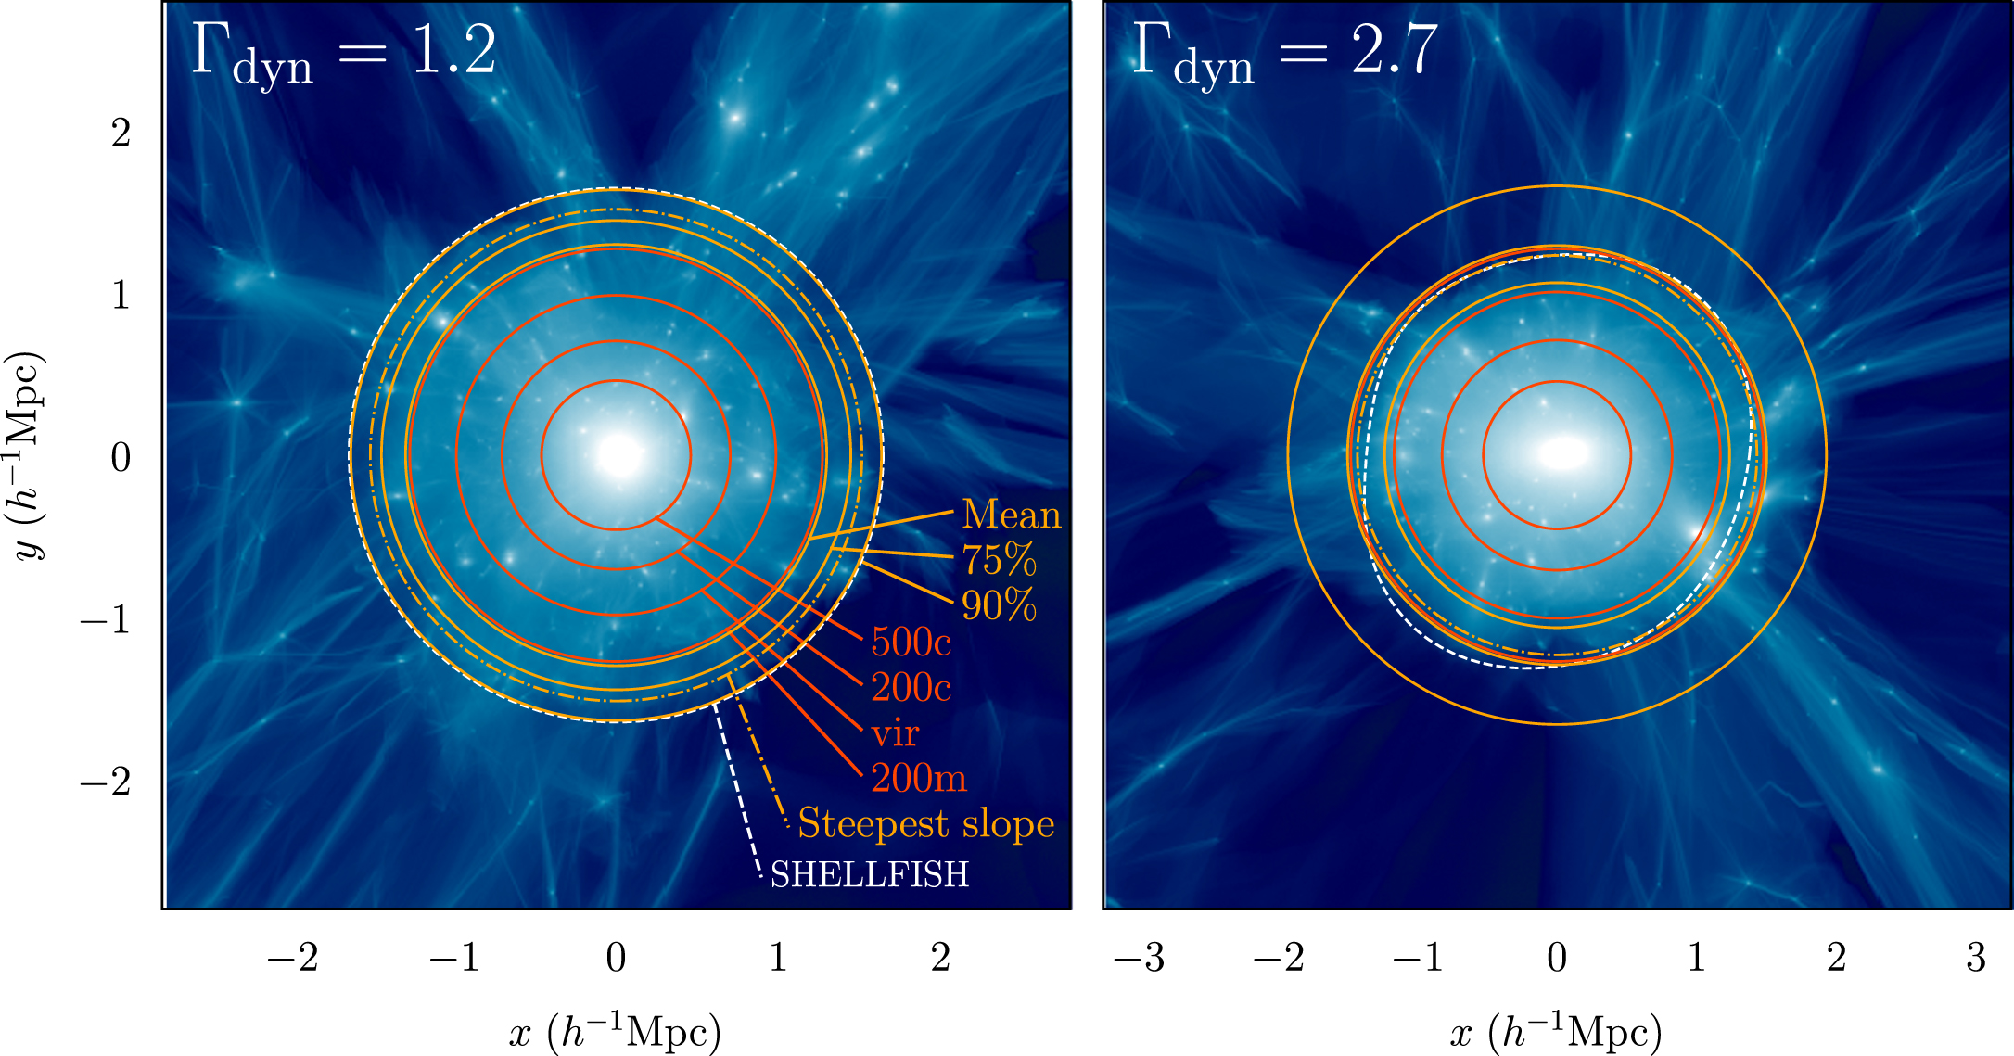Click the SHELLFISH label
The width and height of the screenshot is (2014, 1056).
tap(869, 874)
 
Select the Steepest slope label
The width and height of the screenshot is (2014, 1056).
tap(925, 823)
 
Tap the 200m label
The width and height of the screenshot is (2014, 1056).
tap(918, 778)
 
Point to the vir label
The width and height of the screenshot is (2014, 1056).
tap(895, 733)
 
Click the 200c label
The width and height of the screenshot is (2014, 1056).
tap(911, 687)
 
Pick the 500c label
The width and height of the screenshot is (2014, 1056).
tap(911, 642)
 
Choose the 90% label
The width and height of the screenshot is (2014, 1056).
tap(998, 604)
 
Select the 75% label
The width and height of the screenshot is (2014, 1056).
tap(998, 559)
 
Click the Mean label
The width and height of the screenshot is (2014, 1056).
tap(1011, 515)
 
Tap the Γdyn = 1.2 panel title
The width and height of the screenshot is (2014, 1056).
tap(344, 53)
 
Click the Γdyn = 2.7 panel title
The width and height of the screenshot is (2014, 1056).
tap(1285, 53)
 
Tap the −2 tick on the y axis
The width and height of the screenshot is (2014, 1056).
tap(105, 782)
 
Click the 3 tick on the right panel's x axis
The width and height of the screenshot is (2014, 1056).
tap(1975, 957)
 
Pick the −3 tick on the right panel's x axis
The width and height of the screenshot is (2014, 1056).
tap(1139, 957)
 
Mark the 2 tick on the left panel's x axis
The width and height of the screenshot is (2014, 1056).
tap(940, 957)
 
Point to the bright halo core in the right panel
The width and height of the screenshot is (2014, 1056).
tap(1563, 453)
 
